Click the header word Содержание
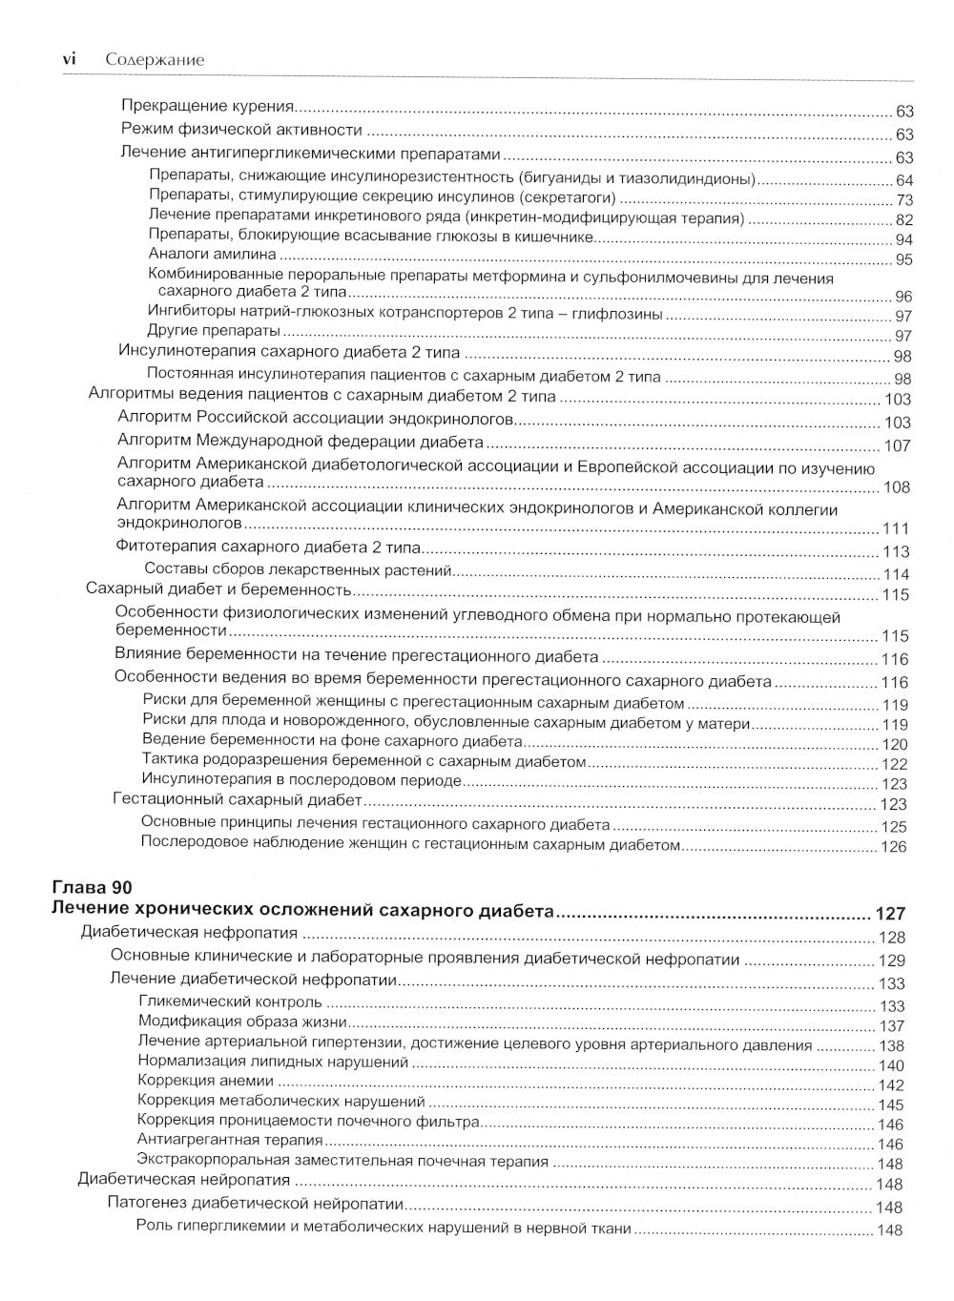click(x=155, y=59)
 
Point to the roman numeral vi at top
click(x=69, y=59)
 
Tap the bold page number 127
click(x=890, y=913)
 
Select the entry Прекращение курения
click(x=207, y=107)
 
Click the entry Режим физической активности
click(x=241, y=130)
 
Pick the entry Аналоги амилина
click(x=212, y=255)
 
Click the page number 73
click(x=903, y=200)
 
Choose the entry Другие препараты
click(x=214, y=331)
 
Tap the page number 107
click(x=897, y=445)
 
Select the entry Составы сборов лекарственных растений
click(x=297, y=570)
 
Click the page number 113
click(x=896, y=551)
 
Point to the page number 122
click(x=894, y=764)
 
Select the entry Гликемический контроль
click(x=230, y=1002)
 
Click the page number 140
click(x=890, y=1065)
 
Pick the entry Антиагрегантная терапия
click(x=230, y=1140)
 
